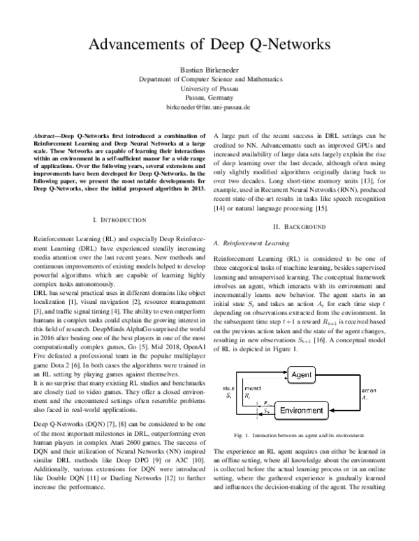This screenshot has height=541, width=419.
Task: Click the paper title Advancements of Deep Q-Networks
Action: pyautogui.click(x=209, y=45)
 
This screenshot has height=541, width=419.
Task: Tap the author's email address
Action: pyautogui.click(x=209, y=109)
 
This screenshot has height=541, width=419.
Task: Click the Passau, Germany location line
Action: pyautogui.click(x=209, y=100)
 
